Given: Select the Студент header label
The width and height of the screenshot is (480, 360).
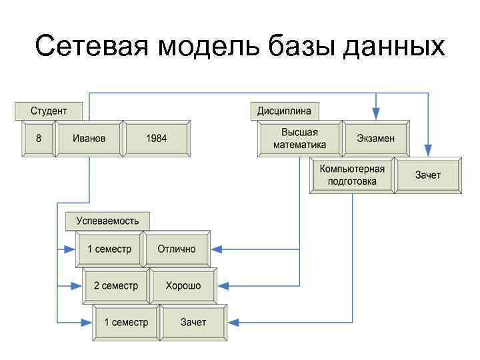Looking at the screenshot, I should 48,110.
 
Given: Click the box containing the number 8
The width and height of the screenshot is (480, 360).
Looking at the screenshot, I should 39,139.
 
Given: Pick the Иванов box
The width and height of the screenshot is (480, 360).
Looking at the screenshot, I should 89,139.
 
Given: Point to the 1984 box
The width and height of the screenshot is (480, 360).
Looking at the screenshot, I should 157,139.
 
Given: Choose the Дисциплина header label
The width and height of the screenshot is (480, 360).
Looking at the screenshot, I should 285,110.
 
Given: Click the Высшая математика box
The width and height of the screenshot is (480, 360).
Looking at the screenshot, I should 299,139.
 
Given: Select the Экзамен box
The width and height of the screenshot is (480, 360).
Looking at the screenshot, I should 375,139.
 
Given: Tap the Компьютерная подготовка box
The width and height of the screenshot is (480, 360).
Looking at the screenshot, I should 352,175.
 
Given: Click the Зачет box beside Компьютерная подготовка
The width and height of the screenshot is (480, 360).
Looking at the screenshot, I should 427,175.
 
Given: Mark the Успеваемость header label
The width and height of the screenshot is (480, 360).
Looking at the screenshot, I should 107,221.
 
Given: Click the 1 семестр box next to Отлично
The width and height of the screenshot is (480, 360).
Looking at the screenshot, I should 109,249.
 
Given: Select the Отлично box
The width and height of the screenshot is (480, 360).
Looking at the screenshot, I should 177,249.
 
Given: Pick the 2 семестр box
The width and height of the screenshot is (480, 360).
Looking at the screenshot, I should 116,286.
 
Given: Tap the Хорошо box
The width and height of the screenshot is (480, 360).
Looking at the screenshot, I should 183,286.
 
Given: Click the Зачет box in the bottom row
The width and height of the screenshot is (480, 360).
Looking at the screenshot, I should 193,323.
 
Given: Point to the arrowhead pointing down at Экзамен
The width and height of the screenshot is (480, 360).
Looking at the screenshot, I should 376,115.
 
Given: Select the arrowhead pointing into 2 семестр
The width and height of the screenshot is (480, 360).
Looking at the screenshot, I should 77,286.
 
